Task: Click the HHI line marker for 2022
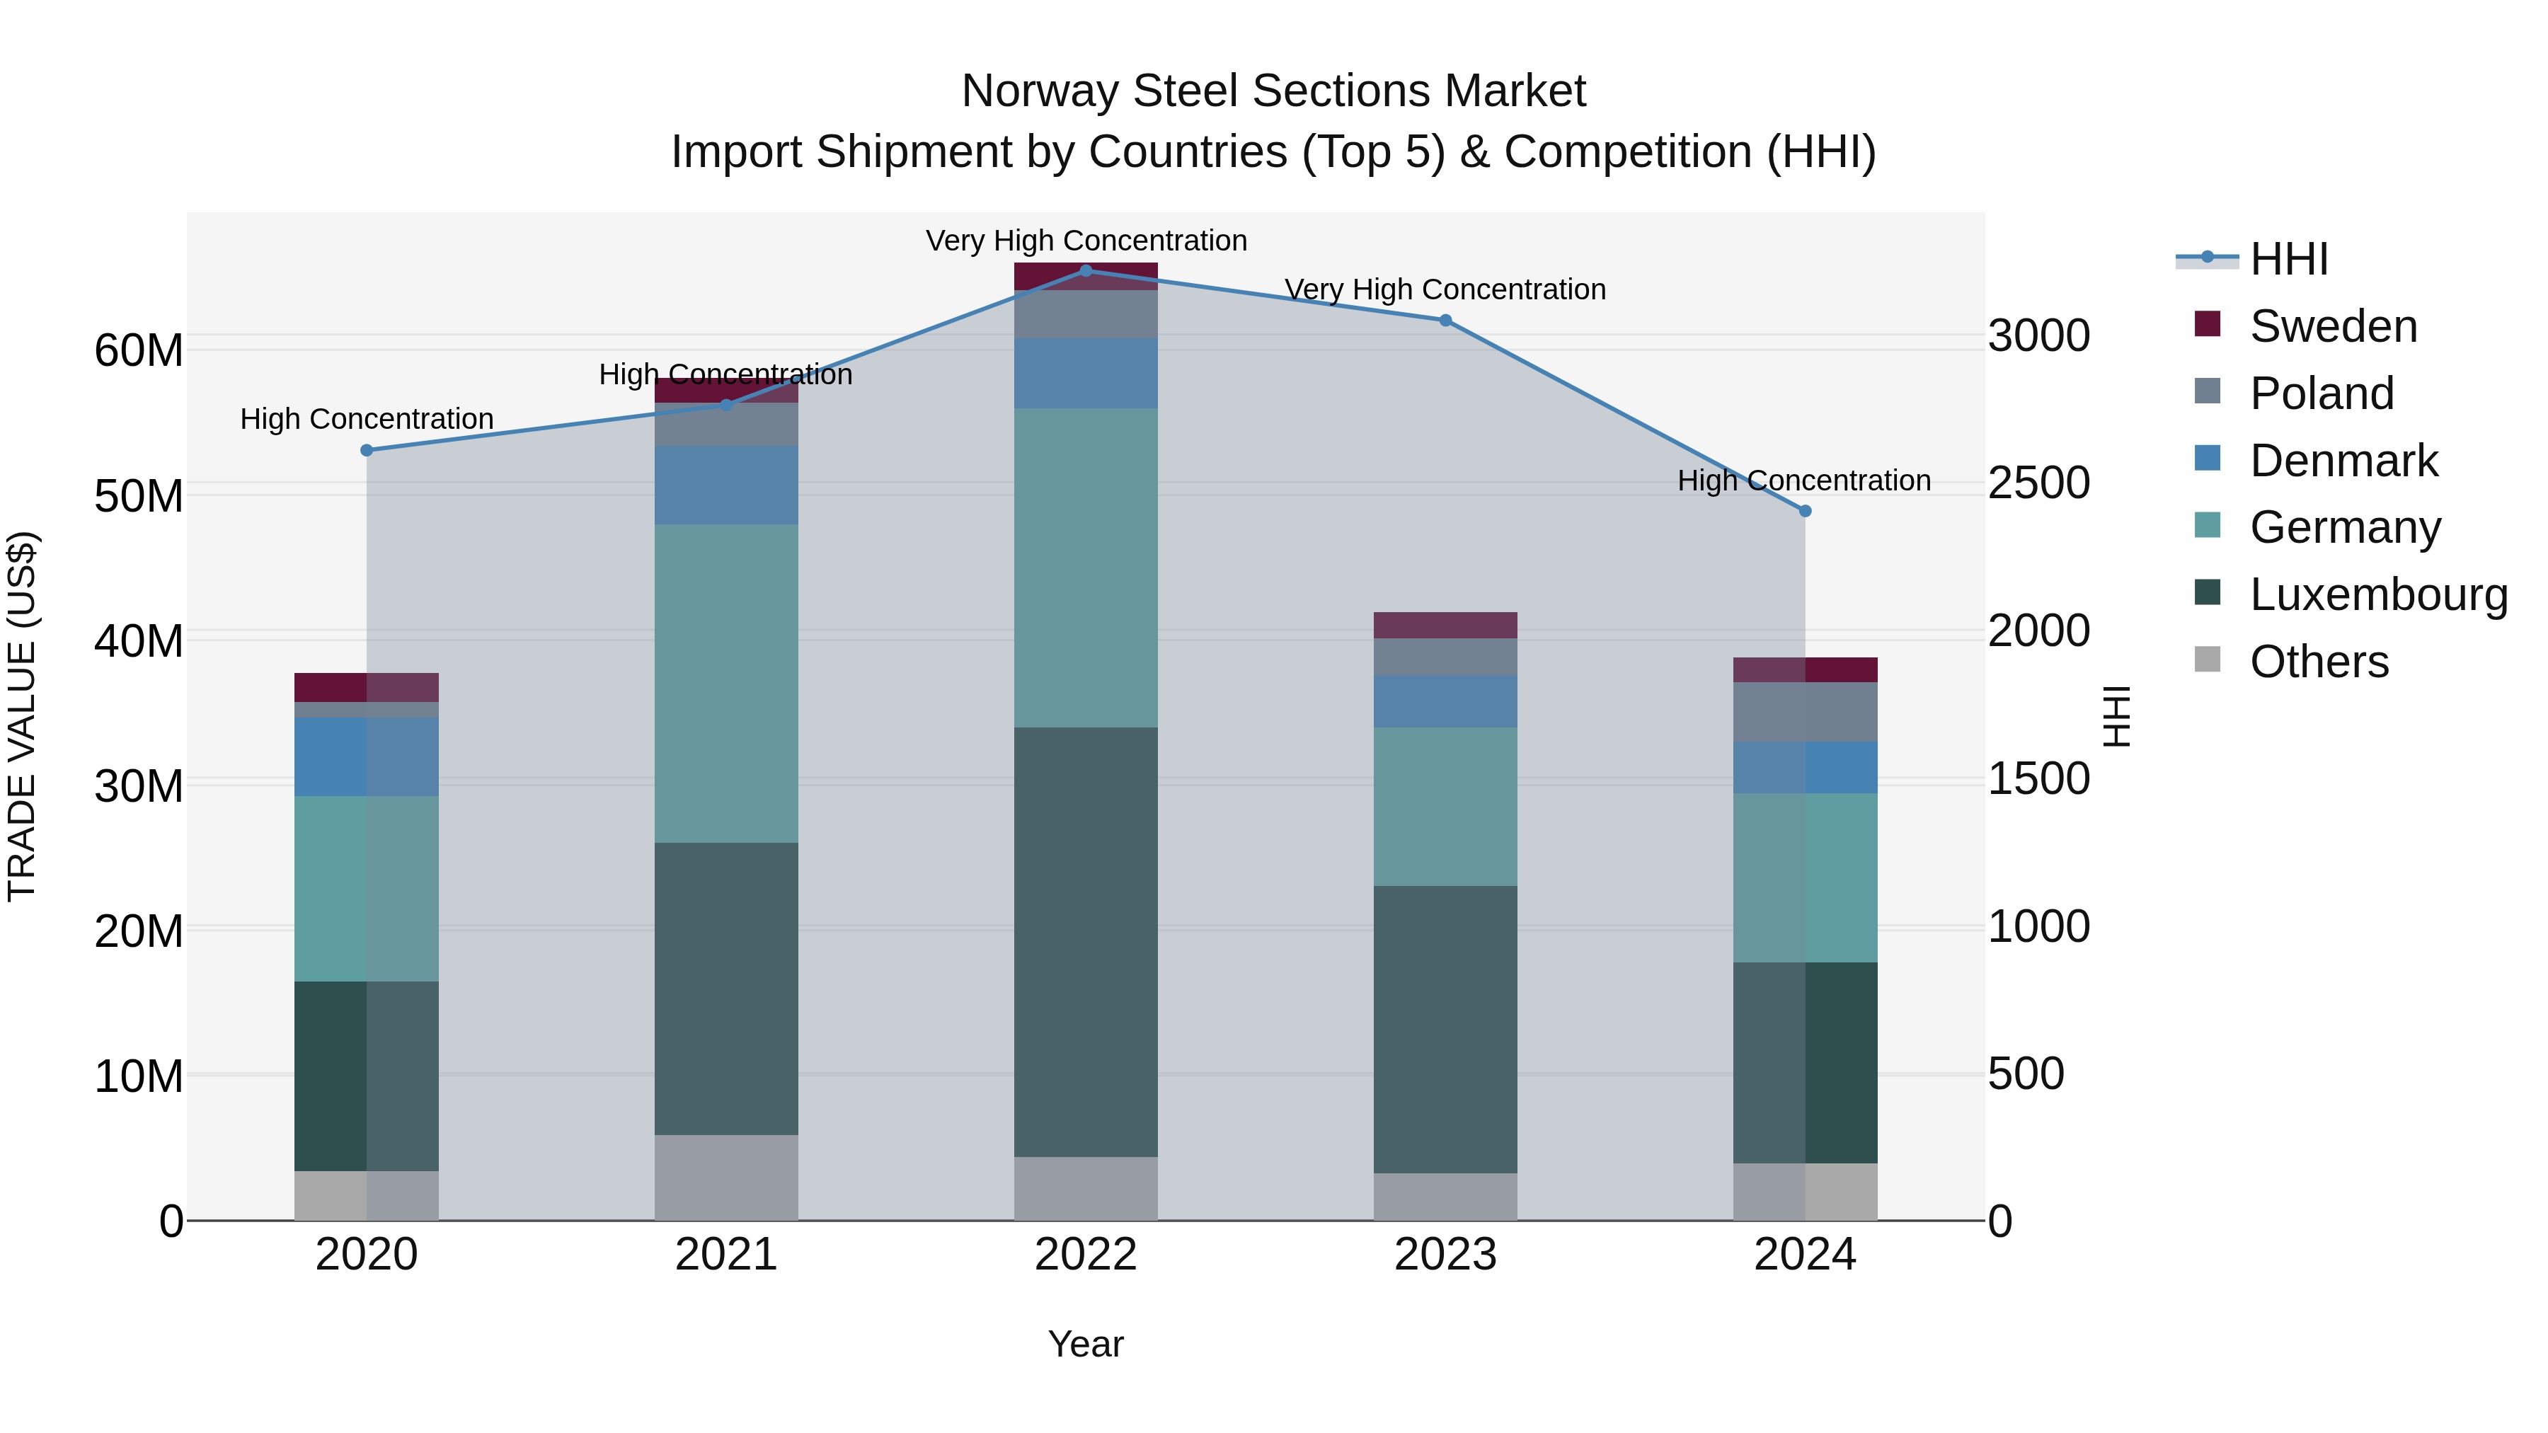pyautogui.click(x=1085, y=270)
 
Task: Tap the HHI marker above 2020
pyautogui.click(x=366, y=450)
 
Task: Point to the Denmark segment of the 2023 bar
pyautogui.click(x=1445, y=701)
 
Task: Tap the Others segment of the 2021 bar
pyautogui.click(x=726, y=1177)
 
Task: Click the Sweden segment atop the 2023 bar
pyautogui.click(x=1445, y=625)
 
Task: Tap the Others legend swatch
pyautogui.click(x=2207, y=660)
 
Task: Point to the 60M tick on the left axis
pyautogui.click(x=139, y=350)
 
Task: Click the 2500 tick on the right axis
pyautogui.click(x=2038, y=483)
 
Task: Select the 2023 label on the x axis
pyautogui.click(x=1445, y=1255)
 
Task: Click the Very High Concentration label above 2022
pyautogui.click(x=1085, y=241)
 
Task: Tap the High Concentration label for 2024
pyautogui.click(x=1803, y=480)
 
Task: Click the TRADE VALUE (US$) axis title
pyautogui.click(x=22, y=716)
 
